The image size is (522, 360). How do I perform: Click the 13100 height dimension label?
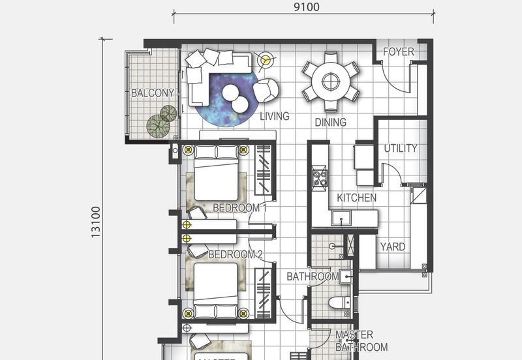(95, 222)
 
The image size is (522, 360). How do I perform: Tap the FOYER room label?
(398, 52)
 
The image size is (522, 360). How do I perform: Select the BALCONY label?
(152, 93)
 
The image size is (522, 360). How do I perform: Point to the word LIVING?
(275, 117)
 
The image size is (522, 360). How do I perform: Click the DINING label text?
(330, 122)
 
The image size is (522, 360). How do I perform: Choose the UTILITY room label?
(400, 148)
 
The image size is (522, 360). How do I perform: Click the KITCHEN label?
(356, 198)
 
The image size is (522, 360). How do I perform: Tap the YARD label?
(392, 247)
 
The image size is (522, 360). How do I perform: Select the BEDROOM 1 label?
(239, 208)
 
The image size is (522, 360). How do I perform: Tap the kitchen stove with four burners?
(320, 177)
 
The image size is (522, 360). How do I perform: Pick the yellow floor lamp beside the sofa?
(264, 61)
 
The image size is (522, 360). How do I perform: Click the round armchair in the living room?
(266, 90)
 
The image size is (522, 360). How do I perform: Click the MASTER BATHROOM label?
(361, 341)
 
